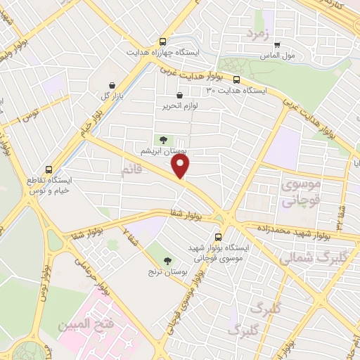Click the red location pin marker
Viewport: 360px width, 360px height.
point(181,166)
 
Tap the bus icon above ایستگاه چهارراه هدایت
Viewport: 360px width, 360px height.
point(163,41)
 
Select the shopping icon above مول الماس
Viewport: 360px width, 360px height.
point(277,44)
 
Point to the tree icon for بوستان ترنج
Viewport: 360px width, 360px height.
point(166,260)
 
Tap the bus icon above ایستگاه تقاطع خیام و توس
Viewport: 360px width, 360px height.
point(49,169)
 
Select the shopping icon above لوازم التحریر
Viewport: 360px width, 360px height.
point(179,95)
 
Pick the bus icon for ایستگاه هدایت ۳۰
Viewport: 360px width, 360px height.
point(236,79)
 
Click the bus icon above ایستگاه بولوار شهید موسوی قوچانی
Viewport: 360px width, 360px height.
point(218,237)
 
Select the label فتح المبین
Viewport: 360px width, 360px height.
point(80,325)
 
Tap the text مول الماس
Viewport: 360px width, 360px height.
point(276,55)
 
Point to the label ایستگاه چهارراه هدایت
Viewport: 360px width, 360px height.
point(163,53)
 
